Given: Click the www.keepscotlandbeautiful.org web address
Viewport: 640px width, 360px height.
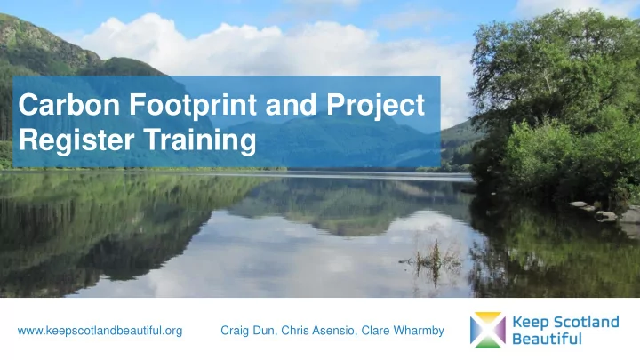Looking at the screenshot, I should [100, 332].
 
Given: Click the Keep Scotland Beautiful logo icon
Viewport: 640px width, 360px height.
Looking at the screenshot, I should [487, 328].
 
